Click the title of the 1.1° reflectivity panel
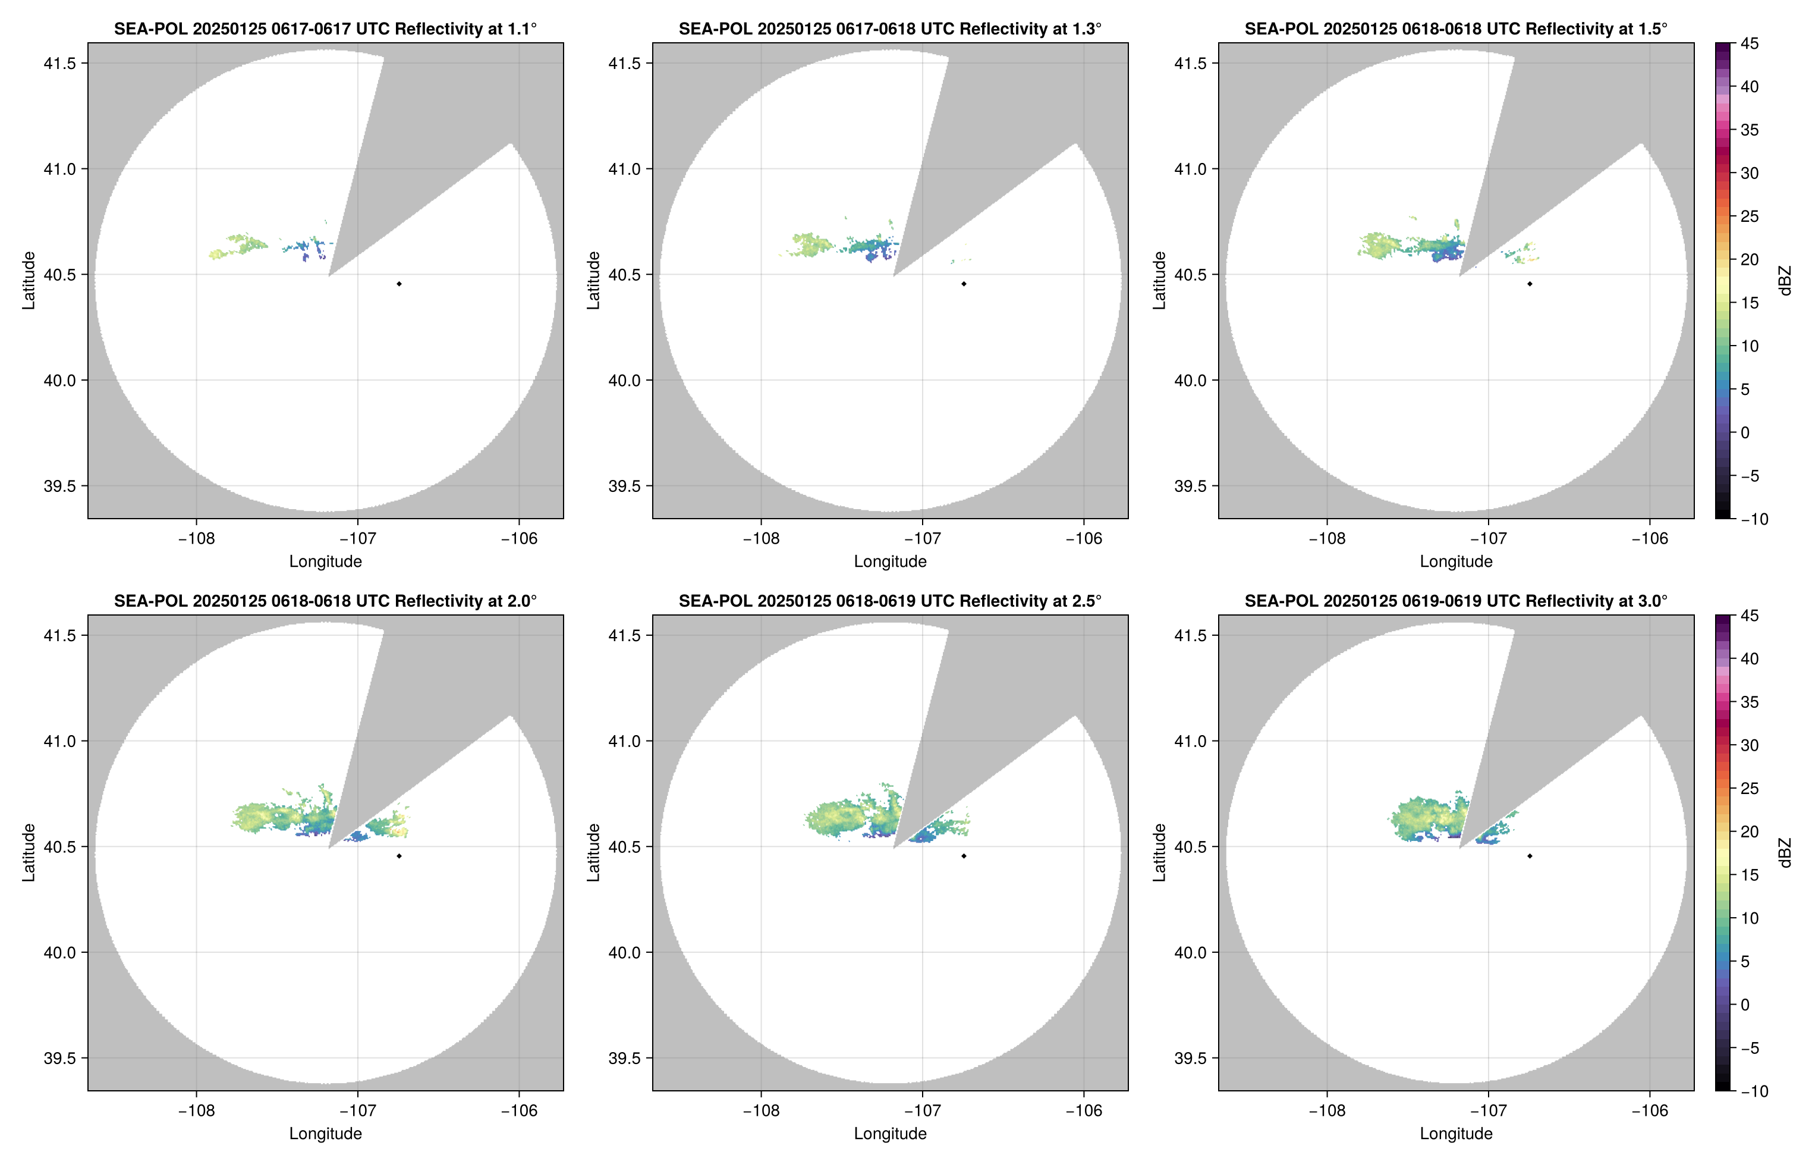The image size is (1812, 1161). point(325,29)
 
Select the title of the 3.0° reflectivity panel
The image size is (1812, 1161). point(1456,601)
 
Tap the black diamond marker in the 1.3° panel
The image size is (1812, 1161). point(964,284)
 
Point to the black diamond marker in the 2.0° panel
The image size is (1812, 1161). point(398,856)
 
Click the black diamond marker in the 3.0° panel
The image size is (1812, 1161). point(1530,856)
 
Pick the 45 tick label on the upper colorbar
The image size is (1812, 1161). point(1750,44)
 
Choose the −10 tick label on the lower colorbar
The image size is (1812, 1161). point(1753,1091)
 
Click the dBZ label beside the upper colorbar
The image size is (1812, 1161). point(1784,281)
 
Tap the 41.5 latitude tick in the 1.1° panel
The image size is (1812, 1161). point(59,63)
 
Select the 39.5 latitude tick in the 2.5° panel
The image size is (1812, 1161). point(625,1058)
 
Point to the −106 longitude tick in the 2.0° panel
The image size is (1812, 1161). point(519,1110)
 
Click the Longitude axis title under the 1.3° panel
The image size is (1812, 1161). point(890,561)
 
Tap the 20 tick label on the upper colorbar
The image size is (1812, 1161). point(1750,259)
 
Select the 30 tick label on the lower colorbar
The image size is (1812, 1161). point(1750,745)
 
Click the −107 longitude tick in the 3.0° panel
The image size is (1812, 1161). point(1487,1110)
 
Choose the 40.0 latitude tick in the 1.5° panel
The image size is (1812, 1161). point(1190,381)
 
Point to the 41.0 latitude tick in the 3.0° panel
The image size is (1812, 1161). point(1190,741)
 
